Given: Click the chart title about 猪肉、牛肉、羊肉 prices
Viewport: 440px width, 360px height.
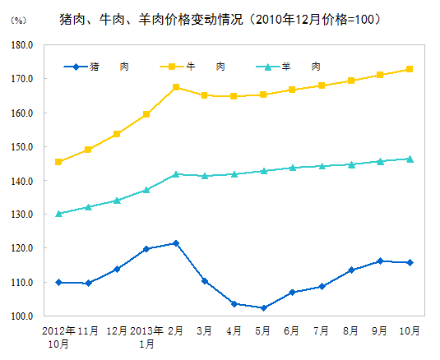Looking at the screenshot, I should point(220,17).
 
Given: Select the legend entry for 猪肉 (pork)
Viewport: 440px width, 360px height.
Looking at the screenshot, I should point(97,67).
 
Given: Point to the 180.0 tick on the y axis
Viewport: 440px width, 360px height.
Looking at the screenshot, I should point(22,45).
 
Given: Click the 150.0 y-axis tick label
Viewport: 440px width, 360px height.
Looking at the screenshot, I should point(22,147).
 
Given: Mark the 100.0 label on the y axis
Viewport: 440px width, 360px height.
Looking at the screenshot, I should point(22,316).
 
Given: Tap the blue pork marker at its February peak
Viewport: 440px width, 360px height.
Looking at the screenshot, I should point(176,243).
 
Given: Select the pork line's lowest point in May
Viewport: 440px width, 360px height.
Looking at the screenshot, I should point(263,308).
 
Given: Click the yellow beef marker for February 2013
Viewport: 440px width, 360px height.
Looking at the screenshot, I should point(176,87).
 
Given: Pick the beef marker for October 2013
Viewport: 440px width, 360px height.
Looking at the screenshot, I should point(410,69).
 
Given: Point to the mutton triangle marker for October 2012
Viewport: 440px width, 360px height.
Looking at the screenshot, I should point(58,214).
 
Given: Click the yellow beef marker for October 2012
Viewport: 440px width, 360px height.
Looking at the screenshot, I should point(58,162).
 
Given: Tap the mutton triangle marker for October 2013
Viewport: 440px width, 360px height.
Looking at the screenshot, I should point(410,159).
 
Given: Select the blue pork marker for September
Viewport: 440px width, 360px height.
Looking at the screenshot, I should point(380,261).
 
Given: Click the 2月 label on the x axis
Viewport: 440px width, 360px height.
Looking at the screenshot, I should point(176,330).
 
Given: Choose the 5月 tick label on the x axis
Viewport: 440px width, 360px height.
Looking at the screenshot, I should point(263,330).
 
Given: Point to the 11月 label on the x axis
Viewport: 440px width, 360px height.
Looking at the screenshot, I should point(88,330).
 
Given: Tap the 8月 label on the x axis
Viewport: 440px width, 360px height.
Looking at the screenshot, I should point(351,330).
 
